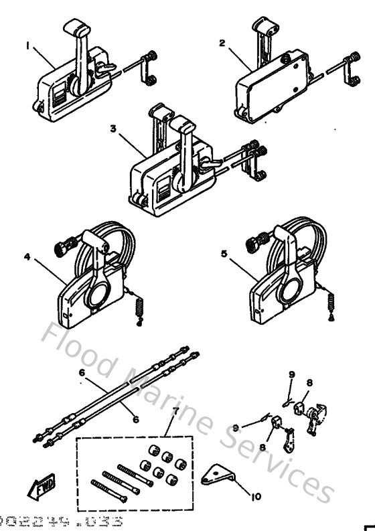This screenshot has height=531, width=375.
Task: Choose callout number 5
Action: pyautogui.click(x=223, y=254)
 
